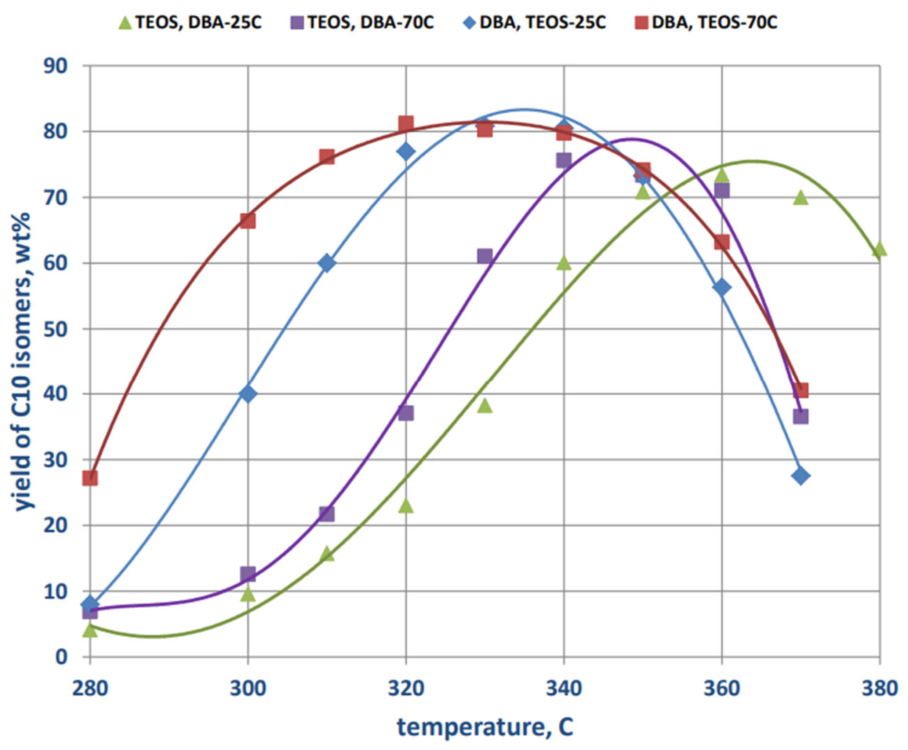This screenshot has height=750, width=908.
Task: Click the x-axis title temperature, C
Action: click(485, 727)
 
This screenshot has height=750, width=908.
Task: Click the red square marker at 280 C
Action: click(90, 478)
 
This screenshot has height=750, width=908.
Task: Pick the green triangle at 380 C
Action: click(879, 249)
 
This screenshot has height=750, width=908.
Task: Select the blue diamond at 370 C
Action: click(801, 476)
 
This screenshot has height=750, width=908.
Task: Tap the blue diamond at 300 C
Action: click(248, 394)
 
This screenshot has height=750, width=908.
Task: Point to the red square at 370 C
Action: click(801, 390)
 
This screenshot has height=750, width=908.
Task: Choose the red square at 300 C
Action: click(248, 221)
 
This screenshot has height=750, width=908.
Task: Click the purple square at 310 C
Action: click(327, 514)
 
